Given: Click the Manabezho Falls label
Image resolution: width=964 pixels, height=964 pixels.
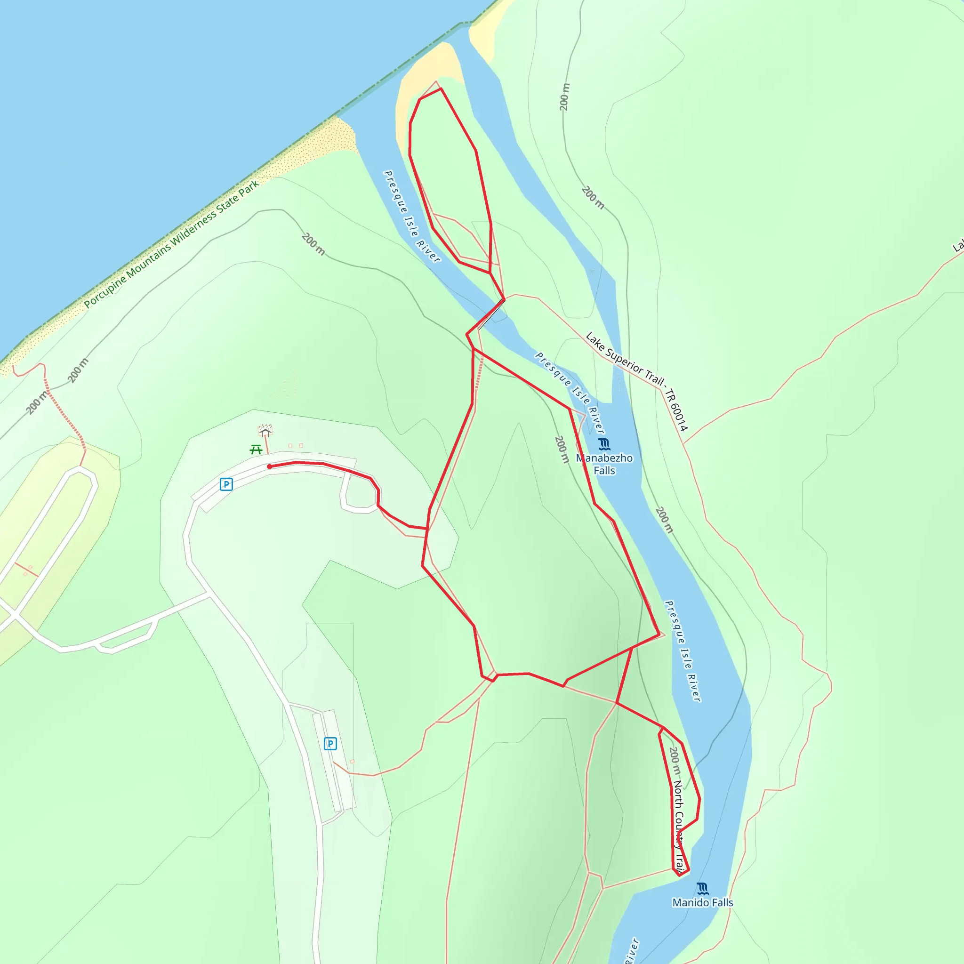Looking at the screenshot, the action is coord(604,464).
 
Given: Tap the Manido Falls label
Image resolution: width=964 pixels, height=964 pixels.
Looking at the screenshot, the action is coord(703,902).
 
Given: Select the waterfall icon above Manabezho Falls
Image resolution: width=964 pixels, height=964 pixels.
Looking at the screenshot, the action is coord(604,444).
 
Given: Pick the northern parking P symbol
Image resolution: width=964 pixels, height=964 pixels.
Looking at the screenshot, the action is coord(226,484).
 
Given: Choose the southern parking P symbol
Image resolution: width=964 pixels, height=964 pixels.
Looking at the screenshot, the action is coord(330,743).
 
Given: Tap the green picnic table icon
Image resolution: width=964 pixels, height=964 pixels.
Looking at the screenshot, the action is coord(256,450).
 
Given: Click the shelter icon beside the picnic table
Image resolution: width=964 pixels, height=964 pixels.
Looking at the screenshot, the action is coord(265,430).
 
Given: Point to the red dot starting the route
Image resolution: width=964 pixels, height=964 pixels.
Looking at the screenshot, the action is coord(269,466).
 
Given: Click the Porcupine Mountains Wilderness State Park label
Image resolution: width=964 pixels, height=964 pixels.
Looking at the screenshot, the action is coord(171,244).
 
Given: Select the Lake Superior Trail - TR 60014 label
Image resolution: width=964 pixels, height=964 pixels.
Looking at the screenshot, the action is coord(637,382).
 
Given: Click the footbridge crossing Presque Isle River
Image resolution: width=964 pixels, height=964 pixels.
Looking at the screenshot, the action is coord(491,314).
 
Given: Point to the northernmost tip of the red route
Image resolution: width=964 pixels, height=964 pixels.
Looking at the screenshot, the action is coord(441,89).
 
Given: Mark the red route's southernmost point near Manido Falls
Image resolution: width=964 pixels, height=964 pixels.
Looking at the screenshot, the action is coord(680,875).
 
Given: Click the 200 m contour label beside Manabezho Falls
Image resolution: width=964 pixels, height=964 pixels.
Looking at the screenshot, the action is coord(562,450).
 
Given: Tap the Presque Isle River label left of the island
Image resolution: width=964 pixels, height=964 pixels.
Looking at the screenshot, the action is coord(412,217).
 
